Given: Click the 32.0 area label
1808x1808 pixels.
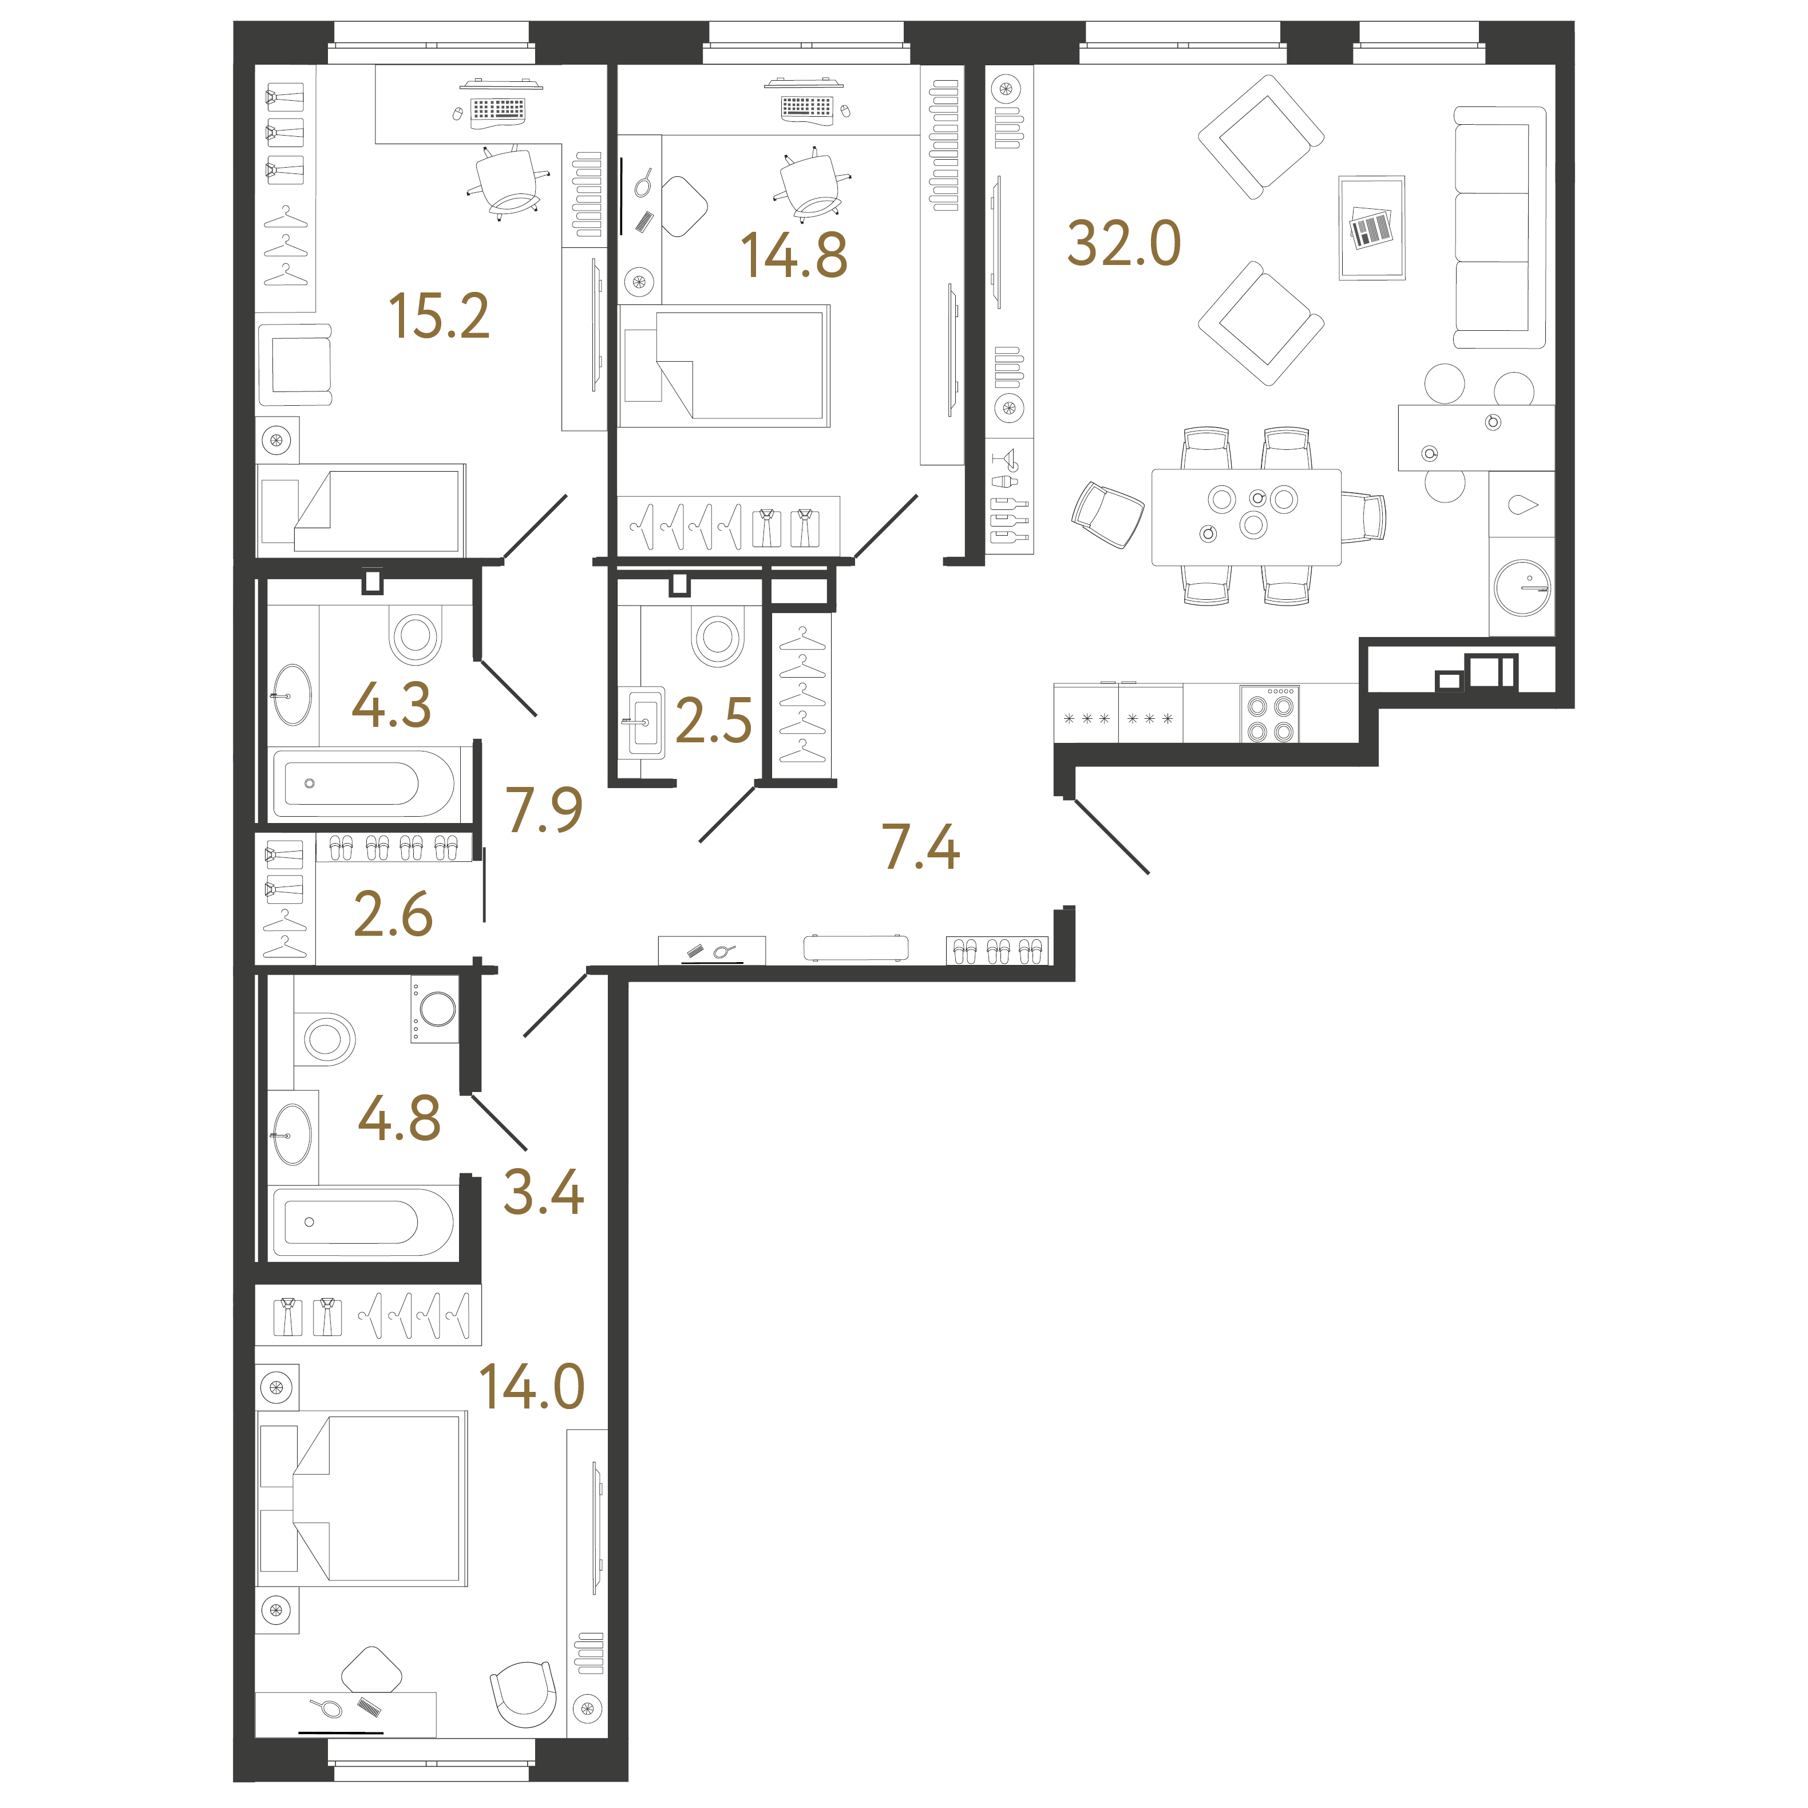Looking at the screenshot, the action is [1124, 244].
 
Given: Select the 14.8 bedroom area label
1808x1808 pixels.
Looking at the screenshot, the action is [794, 255].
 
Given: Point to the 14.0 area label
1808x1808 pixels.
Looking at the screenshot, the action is [532, 1386].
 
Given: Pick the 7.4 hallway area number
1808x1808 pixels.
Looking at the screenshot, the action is [921, 847].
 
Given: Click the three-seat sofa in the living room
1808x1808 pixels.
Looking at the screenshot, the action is [1499, 227].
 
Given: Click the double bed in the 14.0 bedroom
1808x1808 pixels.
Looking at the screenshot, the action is [362, 1497].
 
